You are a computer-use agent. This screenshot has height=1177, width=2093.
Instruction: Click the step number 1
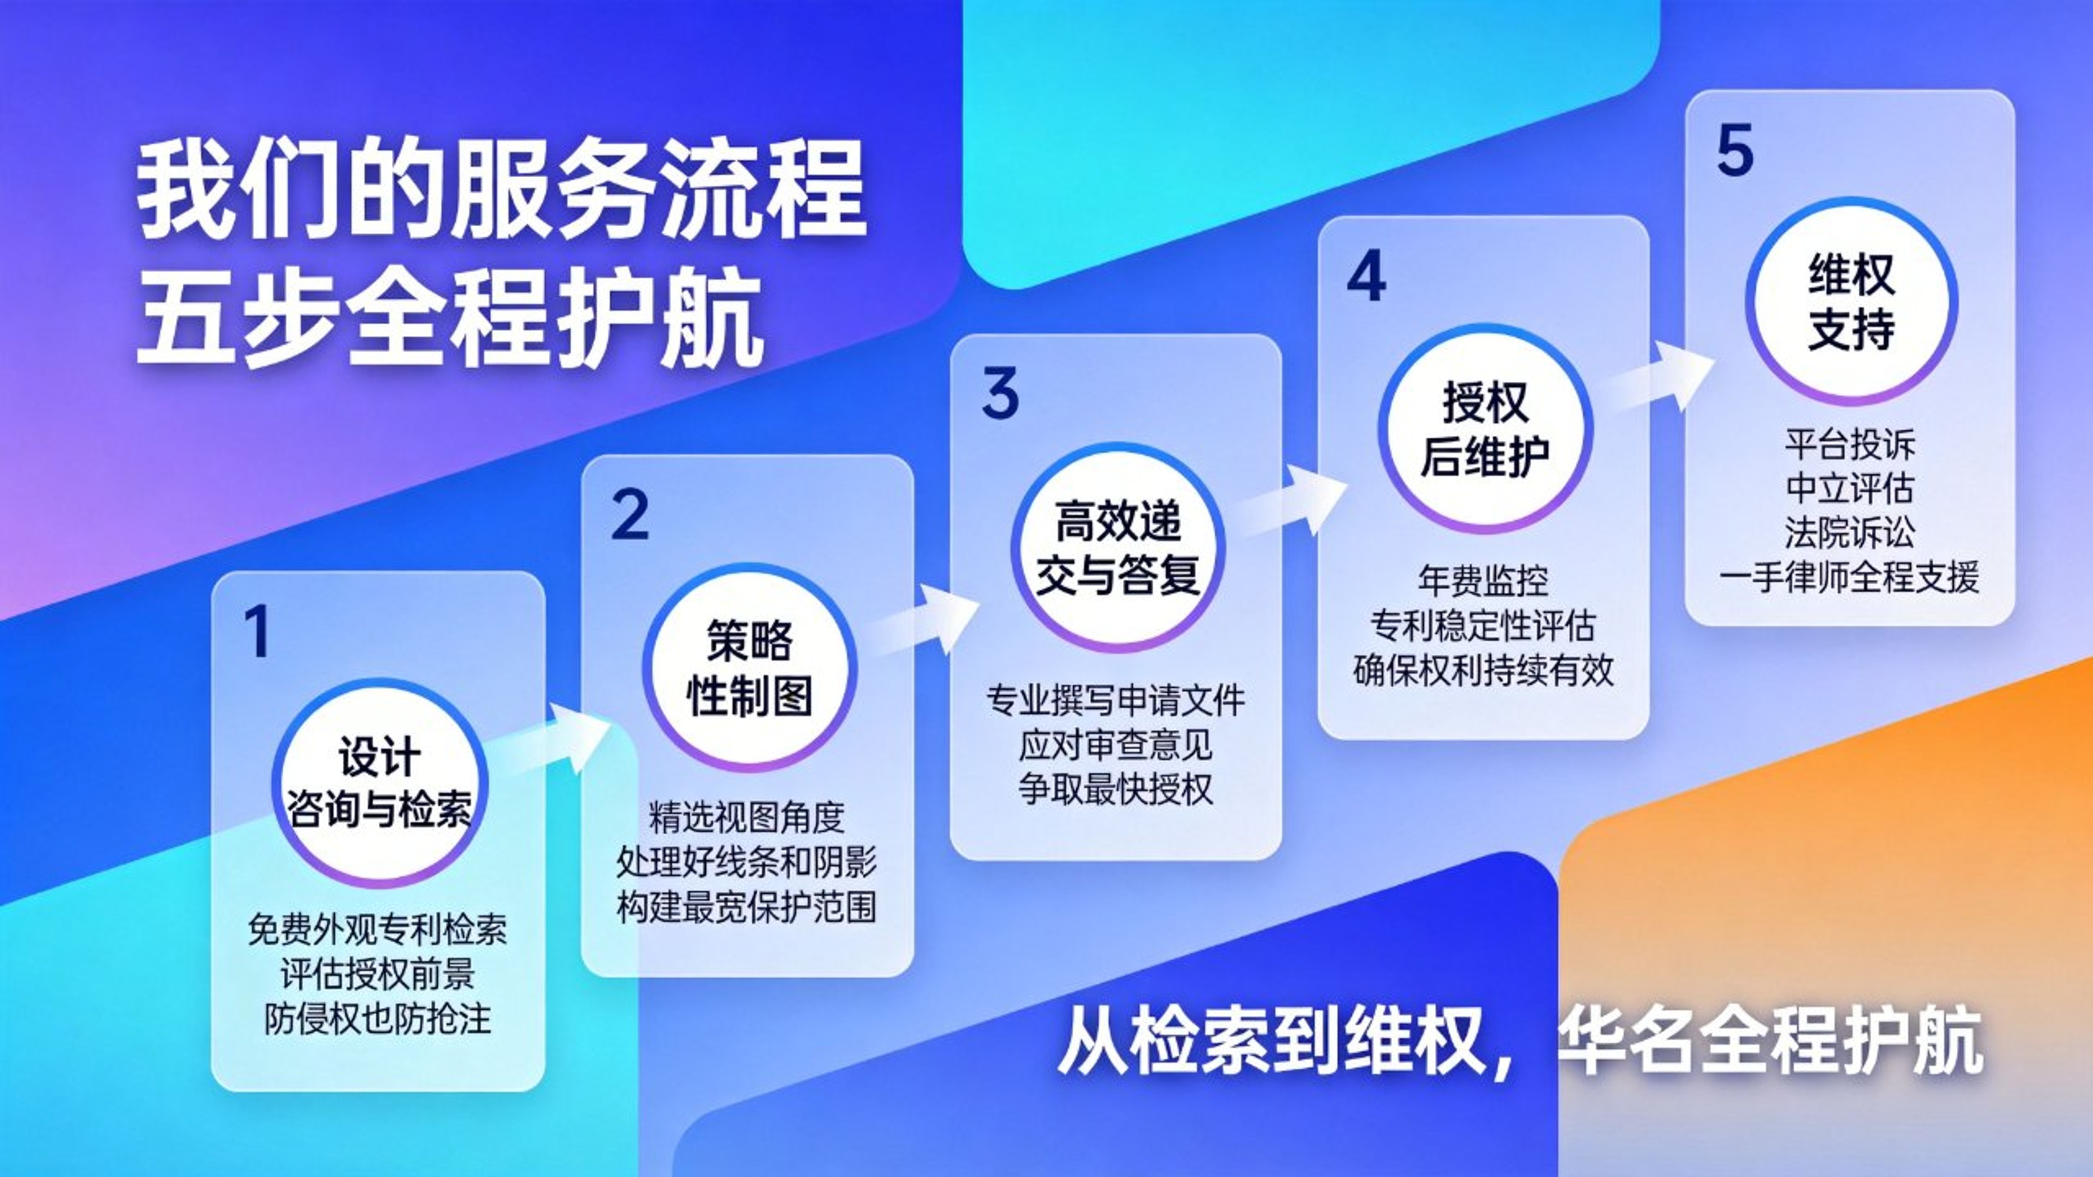pyautogui.click(x=258, y=631)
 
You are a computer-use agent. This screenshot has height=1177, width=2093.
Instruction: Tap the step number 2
pyautogui.click(x=630, y=514)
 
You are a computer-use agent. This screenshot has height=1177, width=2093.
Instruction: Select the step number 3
pyautogui.click(x=1000, y=393)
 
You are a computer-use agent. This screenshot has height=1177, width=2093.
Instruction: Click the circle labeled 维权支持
pyautogui.click(x=1851, y=302)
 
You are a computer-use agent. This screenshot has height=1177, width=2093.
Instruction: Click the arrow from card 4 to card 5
pyautogui.click(x=1658, y=378)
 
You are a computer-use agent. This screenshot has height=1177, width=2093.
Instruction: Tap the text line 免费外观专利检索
pyautogui.click(x=378, y=929)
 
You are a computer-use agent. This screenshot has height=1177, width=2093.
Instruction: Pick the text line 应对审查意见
pyautogui.click(x=1115, y=745)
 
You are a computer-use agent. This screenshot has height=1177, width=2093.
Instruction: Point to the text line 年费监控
pyautogui.click(x=1483, y=580)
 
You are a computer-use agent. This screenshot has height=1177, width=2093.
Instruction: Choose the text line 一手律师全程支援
pyautogui.click(x=1850, y=577)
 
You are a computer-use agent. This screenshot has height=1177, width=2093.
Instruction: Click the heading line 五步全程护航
pyautogui.click(x=451, y=319)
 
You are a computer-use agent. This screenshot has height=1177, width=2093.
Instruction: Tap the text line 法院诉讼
pyautogui.click(x=1850, y=532)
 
